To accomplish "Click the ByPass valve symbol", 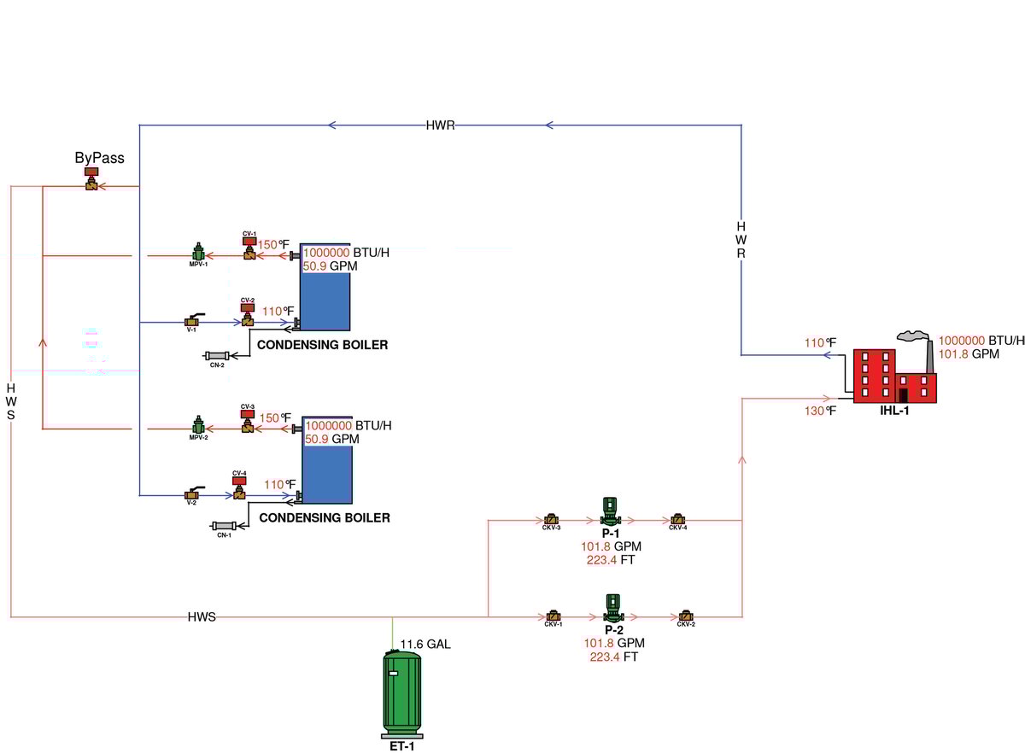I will [x=91, y=182].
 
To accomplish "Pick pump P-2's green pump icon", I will [x=612, y=609].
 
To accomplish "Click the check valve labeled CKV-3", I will [x=551, y=519].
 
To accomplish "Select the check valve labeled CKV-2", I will [x=686, y=616].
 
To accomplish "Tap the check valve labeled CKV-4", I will [x=677, y=519].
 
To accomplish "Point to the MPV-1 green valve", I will [x=199, y=253].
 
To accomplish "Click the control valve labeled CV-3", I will [x=248, y=422].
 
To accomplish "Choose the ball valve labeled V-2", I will [x=191, y=493].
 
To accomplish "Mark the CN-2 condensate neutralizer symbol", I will [x=217, y=356].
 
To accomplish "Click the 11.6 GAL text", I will [x=425, y=644].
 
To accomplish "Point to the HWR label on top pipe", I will [x=440, y=125].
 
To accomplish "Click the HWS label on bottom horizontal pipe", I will [x=202, y=616].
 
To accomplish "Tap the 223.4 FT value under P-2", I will [x=613, y=657].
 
